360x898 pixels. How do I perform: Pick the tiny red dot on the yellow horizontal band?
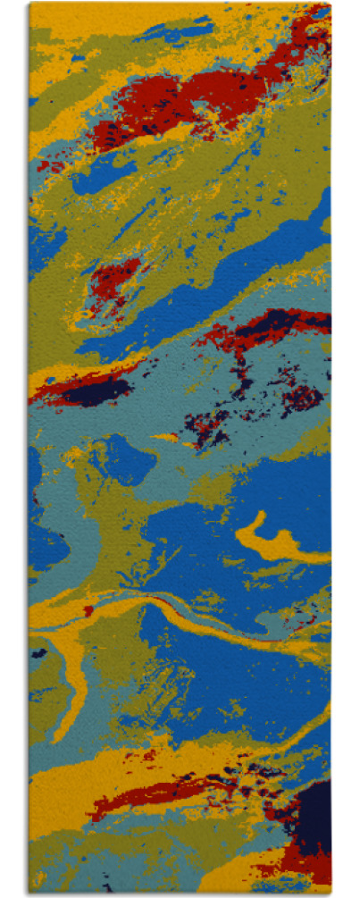(x=88, y=611)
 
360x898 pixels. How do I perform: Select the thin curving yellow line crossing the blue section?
(x=223, y=630)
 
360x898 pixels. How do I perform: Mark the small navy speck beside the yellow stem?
(x=38, y=654)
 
